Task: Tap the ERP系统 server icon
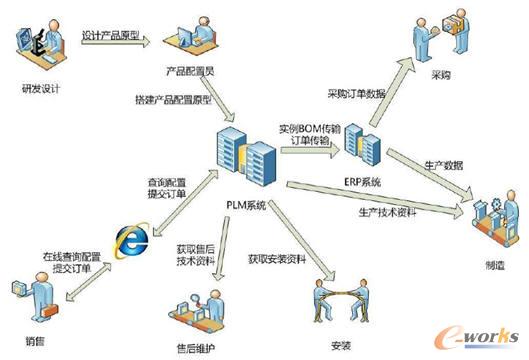coord(361,144)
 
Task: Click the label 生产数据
coord(438,164)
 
